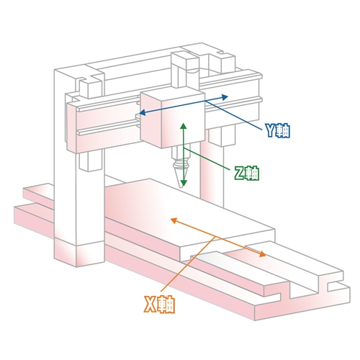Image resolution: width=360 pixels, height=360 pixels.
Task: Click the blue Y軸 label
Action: tap(277, 131)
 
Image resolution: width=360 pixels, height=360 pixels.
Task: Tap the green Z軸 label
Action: tap(246, 173)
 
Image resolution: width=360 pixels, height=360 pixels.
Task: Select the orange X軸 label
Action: tap(159, 305)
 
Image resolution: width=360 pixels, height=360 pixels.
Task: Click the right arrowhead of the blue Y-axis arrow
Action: tap(225, 96)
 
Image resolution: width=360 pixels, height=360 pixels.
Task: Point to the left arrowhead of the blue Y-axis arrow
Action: tap(142, 112)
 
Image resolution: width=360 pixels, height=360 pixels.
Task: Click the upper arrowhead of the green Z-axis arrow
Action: tap(184, 126)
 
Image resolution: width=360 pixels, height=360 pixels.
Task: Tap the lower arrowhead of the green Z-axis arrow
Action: tap(184, 184)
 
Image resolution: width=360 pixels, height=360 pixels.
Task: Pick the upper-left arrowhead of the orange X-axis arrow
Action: tap(174, 220)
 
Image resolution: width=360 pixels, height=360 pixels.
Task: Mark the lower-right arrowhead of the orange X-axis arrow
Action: tap(262, 254)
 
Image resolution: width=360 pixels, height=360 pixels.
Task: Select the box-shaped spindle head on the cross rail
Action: tap(172, 119)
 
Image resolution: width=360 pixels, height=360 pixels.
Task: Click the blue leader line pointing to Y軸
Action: tap(234, 116)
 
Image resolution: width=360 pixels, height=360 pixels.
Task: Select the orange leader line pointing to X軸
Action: tap(188, 266)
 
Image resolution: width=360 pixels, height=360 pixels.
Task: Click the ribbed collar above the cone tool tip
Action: tap(181, 165)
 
